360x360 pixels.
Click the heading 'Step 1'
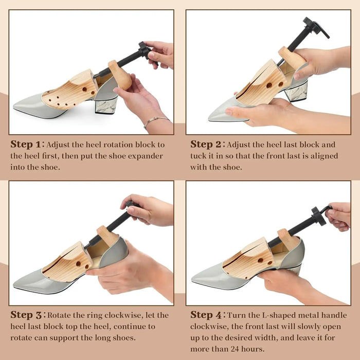(26, 145)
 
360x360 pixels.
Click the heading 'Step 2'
(206, 145)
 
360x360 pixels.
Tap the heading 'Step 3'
(26, 315)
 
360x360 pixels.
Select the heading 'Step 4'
(206, 315)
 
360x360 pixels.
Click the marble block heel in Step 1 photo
(106, 105)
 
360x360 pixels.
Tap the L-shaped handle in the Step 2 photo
(317, 27)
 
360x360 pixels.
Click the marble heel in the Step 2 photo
(296, 92)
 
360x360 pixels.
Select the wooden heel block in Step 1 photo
(120, 75)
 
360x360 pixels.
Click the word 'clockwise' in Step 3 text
(124, 315)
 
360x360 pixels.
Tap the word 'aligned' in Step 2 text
(324, 156)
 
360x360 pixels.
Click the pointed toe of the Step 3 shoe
(15, 285)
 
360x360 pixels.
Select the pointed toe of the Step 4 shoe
(193, 278)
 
